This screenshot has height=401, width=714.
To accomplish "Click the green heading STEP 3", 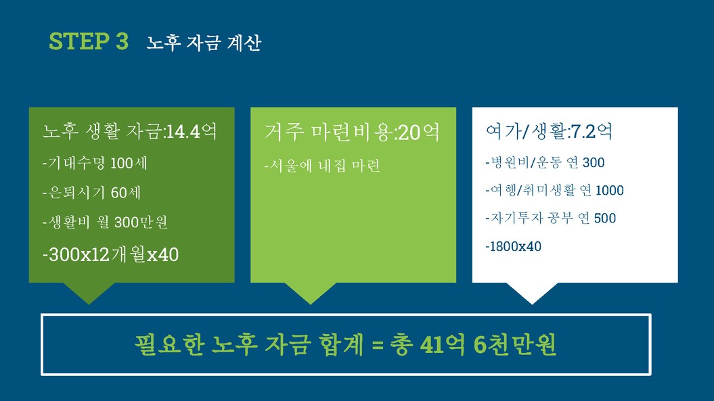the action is [89, 41].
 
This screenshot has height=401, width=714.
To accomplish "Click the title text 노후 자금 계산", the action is [204, 43].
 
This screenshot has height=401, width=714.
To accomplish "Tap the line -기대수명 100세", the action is [95, 163].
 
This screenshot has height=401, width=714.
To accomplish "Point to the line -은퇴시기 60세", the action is [91, 193].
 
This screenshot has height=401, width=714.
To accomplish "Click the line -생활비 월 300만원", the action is [105, 222].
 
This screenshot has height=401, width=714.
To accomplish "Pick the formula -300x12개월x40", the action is [110, 254].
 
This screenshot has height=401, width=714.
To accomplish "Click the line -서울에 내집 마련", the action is [322, 165].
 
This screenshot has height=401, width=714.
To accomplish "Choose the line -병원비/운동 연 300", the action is [545, 162].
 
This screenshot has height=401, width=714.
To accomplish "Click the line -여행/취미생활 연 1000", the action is [555, 190].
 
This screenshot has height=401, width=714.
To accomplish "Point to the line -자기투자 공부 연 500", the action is [550, 218].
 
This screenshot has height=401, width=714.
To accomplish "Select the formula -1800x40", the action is [513, 246].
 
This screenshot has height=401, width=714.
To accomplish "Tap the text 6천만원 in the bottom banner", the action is [514, 345].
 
